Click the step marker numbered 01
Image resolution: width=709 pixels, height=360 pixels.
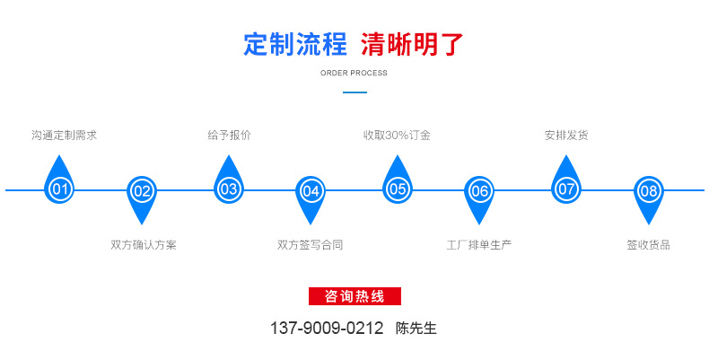pyautogui.click(x=60, y=189)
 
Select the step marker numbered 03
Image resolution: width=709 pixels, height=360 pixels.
pyautogui.click(x=229, y=189)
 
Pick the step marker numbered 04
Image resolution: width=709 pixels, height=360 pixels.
pyautogui.click(x=311, y=190)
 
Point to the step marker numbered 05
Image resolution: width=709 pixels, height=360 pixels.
pyautogui.click(x=398, y=189)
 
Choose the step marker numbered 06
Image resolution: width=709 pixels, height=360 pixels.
pyautogui.click(x=480, y=190)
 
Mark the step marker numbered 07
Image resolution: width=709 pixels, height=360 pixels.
pyautogui.click(x=566, y=189)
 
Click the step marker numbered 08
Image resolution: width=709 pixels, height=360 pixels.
pyautogui.click(x=649, y=190)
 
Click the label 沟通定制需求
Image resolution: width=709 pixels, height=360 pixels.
pyautogui.click(x=64, y=136)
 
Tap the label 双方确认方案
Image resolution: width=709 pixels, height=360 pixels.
pyautogui.click(x=144, y=244)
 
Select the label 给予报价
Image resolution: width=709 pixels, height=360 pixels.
pyautogui.click(x=229, y=136)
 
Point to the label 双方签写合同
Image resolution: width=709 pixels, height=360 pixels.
pyautogui.click(x=311, y=244)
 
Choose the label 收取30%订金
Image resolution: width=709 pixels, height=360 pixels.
pyautogui.click(x=397, y=136)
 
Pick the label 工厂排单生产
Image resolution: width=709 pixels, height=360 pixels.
pyautogui.click(x=479, y=244)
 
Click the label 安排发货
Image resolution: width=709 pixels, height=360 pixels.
pyautogui.click(x=566, y=136)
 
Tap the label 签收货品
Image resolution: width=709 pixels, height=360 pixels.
pyautogui.click(x=648, y=244)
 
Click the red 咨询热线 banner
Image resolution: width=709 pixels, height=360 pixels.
pyautogui.click(x=354, y=296)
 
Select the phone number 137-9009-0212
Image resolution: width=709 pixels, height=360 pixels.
pyautogui.click(x=327, y=329)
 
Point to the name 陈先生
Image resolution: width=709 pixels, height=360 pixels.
pyautogui.click(x=416, y=329)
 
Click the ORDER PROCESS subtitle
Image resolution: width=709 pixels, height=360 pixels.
pyautogui.click(x=354, y=73)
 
